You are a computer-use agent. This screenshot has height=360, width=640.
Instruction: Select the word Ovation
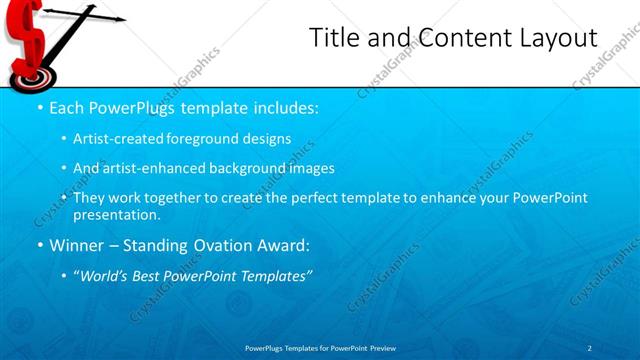point(224,245)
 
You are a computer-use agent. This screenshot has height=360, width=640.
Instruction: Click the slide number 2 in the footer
point(590,347)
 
